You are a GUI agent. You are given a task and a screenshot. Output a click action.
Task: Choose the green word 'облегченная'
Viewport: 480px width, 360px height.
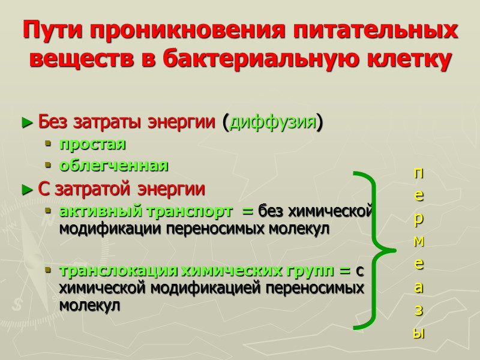(x=113, y=165)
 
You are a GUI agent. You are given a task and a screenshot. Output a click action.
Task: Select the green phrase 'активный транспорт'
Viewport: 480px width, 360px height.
(x=146, y=211)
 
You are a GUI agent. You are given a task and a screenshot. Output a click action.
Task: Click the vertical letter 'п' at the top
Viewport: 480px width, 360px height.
(x=419, y=174)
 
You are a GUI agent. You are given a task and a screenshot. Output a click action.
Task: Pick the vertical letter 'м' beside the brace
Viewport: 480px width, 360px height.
(x=419, y=241)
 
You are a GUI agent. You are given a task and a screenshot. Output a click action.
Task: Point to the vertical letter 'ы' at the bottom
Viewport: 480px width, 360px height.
(x=419, y=334)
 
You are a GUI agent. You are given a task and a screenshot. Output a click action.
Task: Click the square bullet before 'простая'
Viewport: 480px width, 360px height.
(x=49, y=145)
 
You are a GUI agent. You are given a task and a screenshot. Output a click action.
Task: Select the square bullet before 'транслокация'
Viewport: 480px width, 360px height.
(x=49, y=271)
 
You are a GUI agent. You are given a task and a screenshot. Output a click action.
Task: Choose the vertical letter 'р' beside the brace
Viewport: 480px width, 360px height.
(x=419, y=220)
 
